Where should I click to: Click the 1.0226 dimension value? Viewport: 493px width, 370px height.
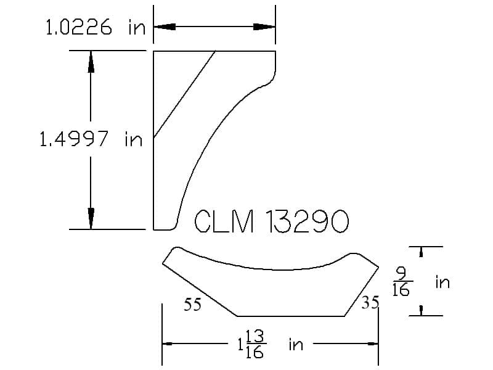79,27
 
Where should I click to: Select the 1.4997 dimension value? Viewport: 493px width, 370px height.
74,139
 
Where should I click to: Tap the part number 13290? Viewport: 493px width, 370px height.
307,221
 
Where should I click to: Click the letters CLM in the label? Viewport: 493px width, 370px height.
224,221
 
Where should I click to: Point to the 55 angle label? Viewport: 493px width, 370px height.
192,304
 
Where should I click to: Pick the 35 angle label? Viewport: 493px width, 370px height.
370,303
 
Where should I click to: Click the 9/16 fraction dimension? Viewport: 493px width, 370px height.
402,282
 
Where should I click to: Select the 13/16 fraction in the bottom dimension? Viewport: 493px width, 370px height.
255,344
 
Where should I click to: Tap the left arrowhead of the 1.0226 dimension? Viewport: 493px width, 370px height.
165,27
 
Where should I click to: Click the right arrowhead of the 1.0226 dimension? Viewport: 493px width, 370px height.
264,27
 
